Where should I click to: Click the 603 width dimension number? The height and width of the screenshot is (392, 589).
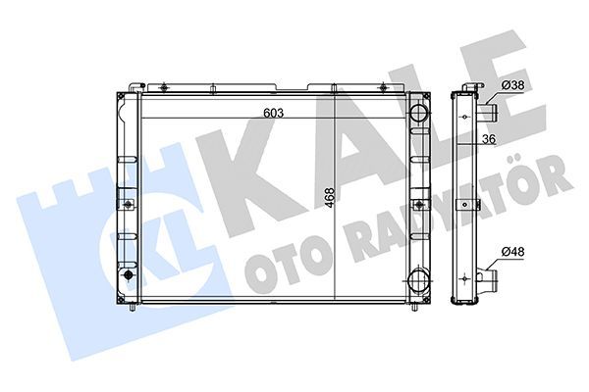coord(274,113)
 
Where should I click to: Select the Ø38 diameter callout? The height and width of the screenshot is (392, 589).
coord(512,86)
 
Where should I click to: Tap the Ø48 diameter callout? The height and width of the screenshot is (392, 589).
coord(512,253)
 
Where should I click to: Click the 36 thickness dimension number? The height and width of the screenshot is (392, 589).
coord(489,139)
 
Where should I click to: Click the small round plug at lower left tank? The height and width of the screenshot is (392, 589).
coord(127,277)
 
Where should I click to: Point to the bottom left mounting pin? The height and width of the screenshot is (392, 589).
coord(134,308)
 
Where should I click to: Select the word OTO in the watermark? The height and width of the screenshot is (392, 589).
coord(280,269)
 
